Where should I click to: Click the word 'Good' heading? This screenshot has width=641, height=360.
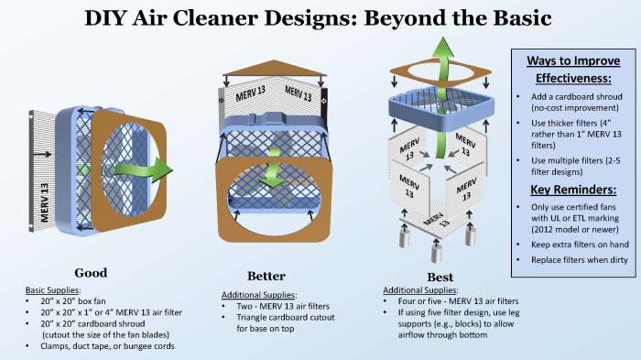91,272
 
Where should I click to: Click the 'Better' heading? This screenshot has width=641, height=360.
266,276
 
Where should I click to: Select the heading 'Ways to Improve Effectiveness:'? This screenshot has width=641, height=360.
572,70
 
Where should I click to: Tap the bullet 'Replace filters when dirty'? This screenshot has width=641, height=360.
574,261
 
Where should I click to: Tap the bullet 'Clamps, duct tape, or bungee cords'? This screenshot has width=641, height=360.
102,346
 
